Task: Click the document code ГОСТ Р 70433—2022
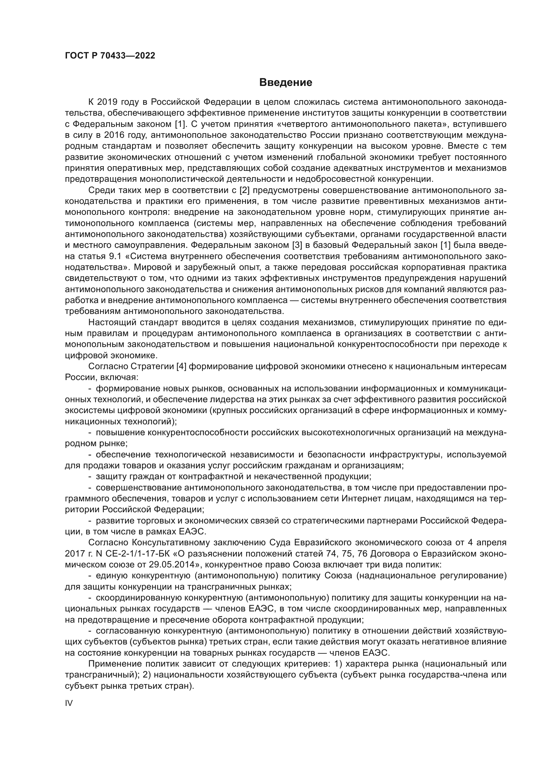coord(110,56)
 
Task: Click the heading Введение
coord(286,83)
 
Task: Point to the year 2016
coord(116,135)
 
